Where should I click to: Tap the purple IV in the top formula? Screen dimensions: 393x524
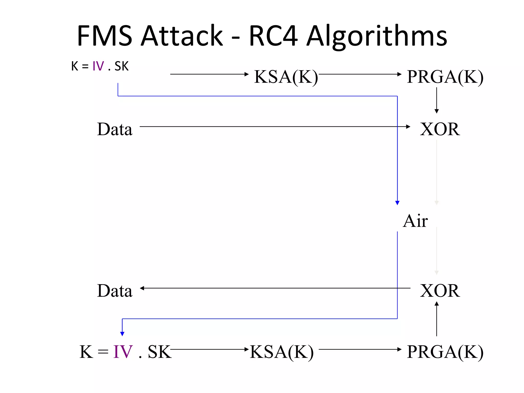click(98, 66)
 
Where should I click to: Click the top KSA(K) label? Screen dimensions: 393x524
click(286, 77)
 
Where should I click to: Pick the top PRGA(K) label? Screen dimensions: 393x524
click(445, 77)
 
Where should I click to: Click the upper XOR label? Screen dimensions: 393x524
click(440, 129)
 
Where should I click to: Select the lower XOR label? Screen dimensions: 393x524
click(440, 291)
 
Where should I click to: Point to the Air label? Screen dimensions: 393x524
click(415, 221)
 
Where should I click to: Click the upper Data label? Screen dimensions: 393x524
click(115, 129)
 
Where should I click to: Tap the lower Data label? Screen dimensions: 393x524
click(115, 291)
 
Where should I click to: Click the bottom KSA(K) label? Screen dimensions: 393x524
click(281, 352)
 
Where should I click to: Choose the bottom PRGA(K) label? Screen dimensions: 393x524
click(445, 352)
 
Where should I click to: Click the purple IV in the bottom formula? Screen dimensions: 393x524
click(123, 352)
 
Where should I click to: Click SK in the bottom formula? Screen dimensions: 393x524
click(159, 352)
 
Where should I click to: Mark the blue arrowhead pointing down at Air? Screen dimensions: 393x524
click(397, 203)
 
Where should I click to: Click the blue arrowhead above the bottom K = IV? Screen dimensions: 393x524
click(122, 334)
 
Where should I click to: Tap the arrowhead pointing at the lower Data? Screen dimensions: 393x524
click(142, 288)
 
